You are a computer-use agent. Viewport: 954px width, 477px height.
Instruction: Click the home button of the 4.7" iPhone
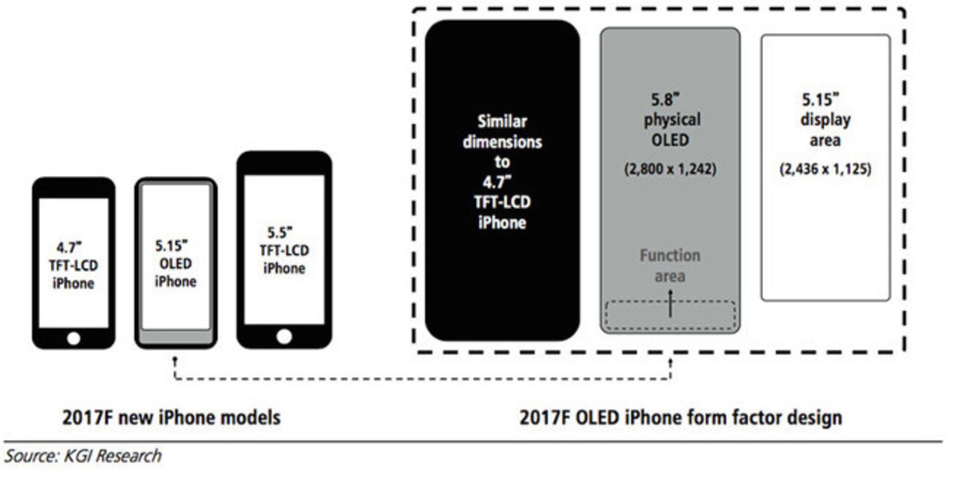click(x=74, y=339)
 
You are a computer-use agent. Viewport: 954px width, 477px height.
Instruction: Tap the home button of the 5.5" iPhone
click(x=284, y=337)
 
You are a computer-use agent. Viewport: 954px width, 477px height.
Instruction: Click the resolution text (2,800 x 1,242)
click(x=670, y=169)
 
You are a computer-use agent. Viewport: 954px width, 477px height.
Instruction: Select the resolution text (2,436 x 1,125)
click(x=825, y=169)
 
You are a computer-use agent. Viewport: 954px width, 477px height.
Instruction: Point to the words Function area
click(x=670, y=266)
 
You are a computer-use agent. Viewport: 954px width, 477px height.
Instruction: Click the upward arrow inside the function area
click(x=670, y=303)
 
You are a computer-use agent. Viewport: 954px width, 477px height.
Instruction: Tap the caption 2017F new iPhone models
click(x=171, y=417)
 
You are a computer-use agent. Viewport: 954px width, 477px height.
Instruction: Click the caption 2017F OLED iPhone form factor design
click(x=681, y=417)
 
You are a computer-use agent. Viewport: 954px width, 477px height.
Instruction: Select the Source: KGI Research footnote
click(x=83, y=456)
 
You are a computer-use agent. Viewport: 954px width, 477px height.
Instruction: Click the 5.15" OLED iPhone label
click(x=175, y=264)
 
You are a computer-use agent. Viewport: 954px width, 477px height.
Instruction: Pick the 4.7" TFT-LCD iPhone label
click(x=74, y=266)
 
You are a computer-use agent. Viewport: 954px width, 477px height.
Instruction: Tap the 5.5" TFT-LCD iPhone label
click(x=284, y=251)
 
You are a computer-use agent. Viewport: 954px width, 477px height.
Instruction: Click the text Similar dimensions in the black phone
click(x=502, y=132)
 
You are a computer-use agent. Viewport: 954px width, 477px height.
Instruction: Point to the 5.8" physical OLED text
click(x=671, y=120)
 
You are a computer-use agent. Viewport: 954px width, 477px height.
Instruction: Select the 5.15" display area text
click(x=825, y=120)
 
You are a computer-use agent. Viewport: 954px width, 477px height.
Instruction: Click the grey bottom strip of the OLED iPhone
click(x=175, y=338)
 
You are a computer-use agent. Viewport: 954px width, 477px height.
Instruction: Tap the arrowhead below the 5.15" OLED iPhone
click(x=175, y=358)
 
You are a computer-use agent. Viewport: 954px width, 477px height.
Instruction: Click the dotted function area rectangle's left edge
click(x=605, y=316)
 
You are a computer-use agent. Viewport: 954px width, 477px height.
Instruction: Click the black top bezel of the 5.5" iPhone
click(x=284, y=163)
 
